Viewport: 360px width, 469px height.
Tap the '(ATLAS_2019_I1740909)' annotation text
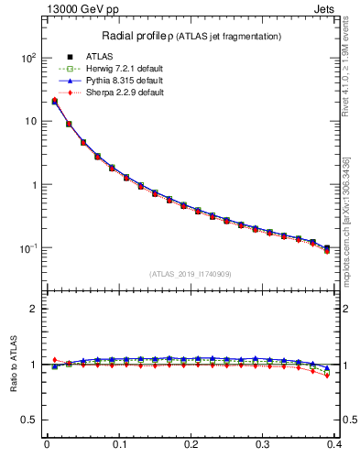pyautogui.click(x=190, y=274)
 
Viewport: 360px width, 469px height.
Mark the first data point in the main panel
pyautogui.click(x=54, y=101)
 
